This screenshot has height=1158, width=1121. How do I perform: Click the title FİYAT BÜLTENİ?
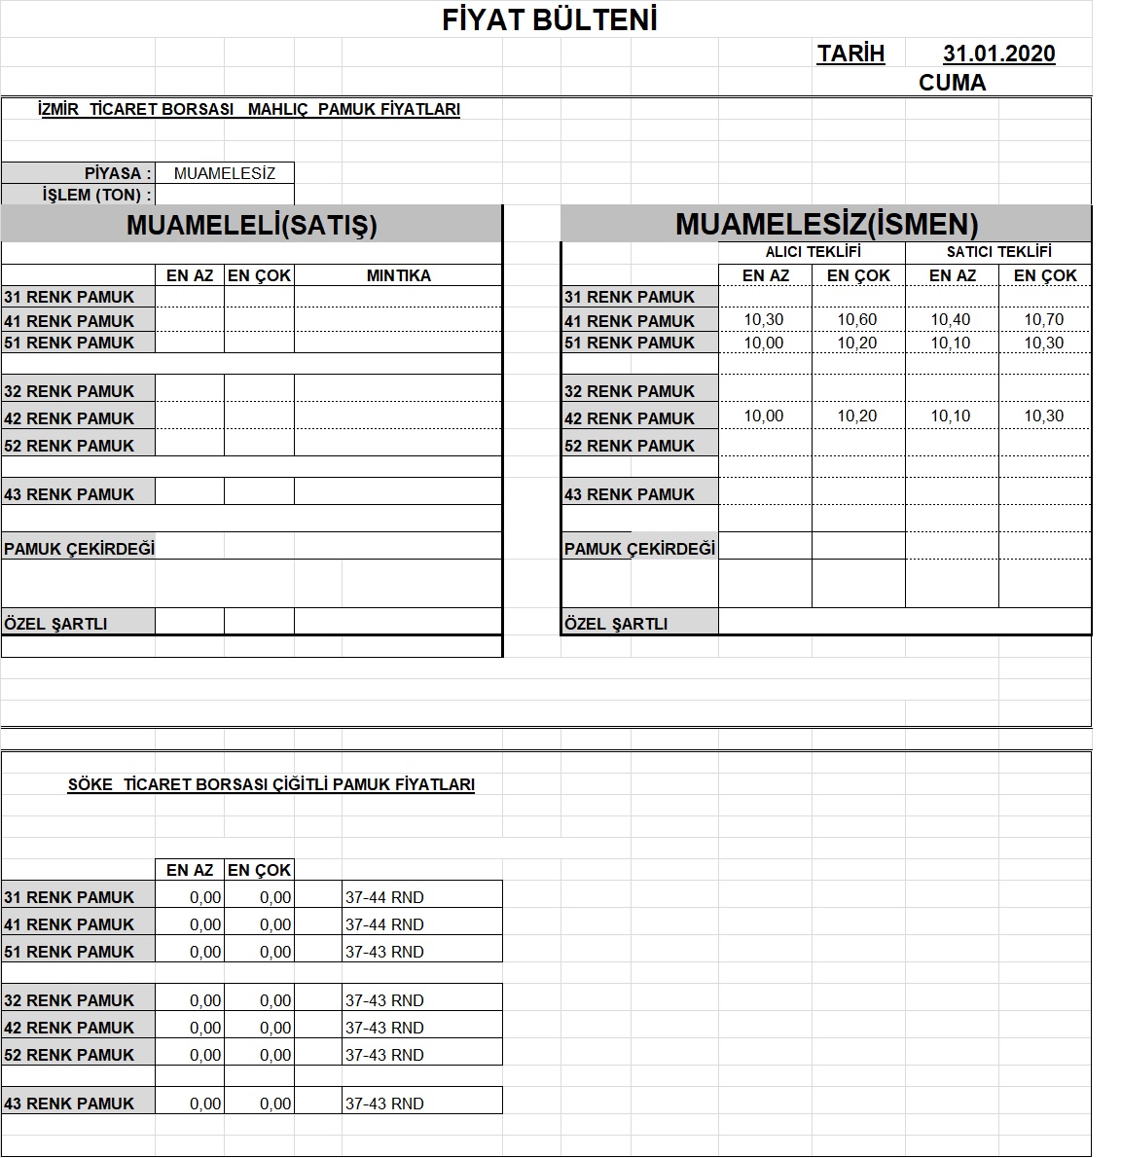pos(550,20)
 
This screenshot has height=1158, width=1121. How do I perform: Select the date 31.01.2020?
pos(998,54)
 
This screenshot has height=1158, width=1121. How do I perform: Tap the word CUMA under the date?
pos(952,83)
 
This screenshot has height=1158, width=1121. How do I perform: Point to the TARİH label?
pos(850,54)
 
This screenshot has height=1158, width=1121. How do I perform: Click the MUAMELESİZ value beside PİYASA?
pos(225,173)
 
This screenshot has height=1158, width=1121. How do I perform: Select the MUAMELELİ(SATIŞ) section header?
pos(251,225)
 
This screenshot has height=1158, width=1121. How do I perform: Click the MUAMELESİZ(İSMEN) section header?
pos(826,225)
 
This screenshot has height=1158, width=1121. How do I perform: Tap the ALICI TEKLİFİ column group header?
pos(813,252)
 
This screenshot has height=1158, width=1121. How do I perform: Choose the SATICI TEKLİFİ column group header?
pos(998,252)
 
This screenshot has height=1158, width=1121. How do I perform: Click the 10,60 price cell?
pos(857,319)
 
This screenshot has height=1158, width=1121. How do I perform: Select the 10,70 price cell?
pos(1044,319)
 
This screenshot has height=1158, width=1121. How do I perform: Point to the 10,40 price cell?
pos(951,319)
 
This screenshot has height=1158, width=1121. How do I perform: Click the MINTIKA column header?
pos(398,275)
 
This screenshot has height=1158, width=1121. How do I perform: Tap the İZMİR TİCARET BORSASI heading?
pos(248,110)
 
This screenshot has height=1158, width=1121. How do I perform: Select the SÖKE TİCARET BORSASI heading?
pos(271,784)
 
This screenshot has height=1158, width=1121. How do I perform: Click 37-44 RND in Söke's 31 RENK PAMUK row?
pos(384,897)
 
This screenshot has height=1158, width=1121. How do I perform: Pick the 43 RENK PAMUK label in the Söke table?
pos(69,1104)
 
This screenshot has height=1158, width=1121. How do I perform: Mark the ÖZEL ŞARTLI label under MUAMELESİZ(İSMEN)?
pos(616,624)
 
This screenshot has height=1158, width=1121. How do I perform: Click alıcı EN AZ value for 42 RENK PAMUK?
pos(764,416)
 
